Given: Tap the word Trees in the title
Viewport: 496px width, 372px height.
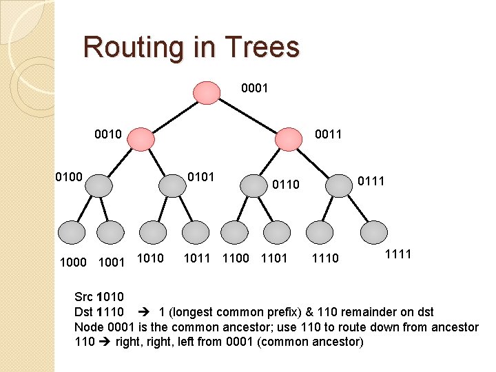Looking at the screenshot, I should coord(262,48).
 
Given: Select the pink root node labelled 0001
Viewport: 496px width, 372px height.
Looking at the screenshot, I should coord(206,92).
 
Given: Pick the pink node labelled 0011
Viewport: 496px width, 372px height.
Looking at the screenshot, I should coord(289,138).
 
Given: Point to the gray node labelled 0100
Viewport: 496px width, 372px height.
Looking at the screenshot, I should coord(100,185).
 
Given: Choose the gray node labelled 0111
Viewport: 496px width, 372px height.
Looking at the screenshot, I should coord(338,185).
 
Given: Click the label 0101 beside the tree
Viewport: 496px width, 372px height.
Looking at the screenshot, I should coord(202,178).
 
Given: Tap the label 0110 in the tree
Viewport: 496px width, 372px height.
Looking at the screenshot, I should coord(286,185).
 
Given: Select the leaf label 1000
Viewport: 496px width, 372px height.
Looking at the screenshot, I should coord(73,262).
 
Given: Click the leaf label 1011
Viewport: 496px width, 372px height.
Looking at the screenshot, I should coord(196,259).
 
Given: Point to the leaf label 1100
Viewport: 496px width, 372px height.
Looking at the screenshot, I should coord(236,259).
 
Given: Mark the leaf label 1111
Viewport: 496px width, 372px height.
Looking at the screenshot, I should coord(397,255).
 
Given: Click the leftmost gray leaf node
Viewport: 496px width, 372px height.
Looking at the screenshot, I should coord(72,231).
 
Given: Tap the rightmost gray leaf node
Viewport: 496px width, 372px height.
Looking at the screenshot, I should coord(375,231).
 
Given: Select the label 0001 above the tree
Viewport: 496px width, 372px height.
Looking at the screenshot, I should coord(254,89).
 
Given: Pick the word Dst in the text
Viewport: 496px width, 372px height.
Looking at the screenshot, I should coord(83,312).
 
